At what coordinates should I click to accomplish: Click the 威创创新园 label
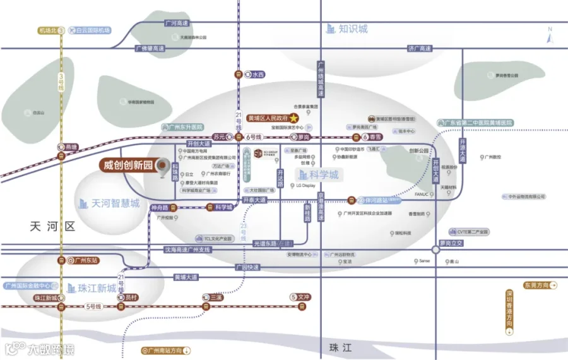point(129,165)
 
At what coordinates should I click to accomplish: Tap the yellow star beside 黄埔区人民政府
point(294,118)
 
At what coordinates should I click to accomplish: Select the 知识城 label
point(353,28)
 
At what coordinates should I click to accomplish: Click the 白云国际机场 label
point(93,30)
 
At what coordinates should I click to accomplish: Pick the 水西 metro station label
point(258,75)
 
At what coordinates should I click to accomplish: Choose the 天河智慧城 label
point(115,203)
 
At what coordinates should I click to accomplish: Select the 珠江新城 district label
point(97,288)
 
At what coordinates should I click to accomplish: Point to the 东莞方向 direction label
point(537,285)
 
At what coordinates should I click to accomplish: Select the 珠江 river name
point(339,347)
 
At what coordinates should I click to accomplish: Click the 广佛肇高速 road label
point(150,48)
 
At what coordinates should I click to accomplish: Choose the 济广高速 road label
point(419,48)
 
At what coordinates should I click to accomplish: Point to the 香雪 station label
point(375,137)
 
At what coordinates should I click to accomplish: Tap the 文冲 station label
point(305,297)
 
